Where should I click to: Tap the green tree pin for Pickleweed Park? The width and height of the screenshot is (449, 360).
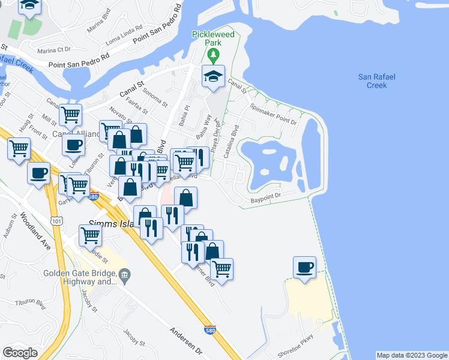click(212, 56)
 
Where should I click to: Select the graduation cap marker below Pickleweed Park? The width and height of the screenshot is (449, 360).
click(213, 77)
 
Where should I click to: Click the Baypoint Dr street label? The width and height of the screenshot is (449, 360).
click(266, 197)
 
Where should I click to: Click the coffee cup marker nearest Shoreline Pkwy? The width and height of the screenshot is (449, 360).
click(305, 267)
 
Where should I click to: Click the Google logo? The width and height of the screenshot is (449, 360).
click(20, 352)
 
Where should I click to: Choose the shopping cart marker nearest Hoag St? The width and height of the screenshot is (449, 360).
click(19, 148)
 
